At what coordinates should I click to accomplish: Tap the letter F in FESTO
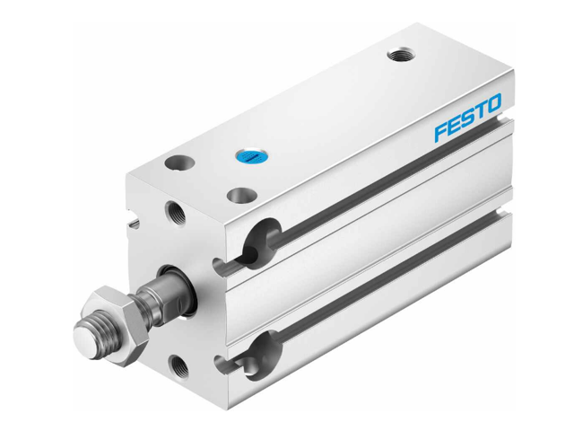point(440,132)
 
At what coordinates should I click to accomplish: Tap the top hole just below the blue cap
point(239,194)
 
